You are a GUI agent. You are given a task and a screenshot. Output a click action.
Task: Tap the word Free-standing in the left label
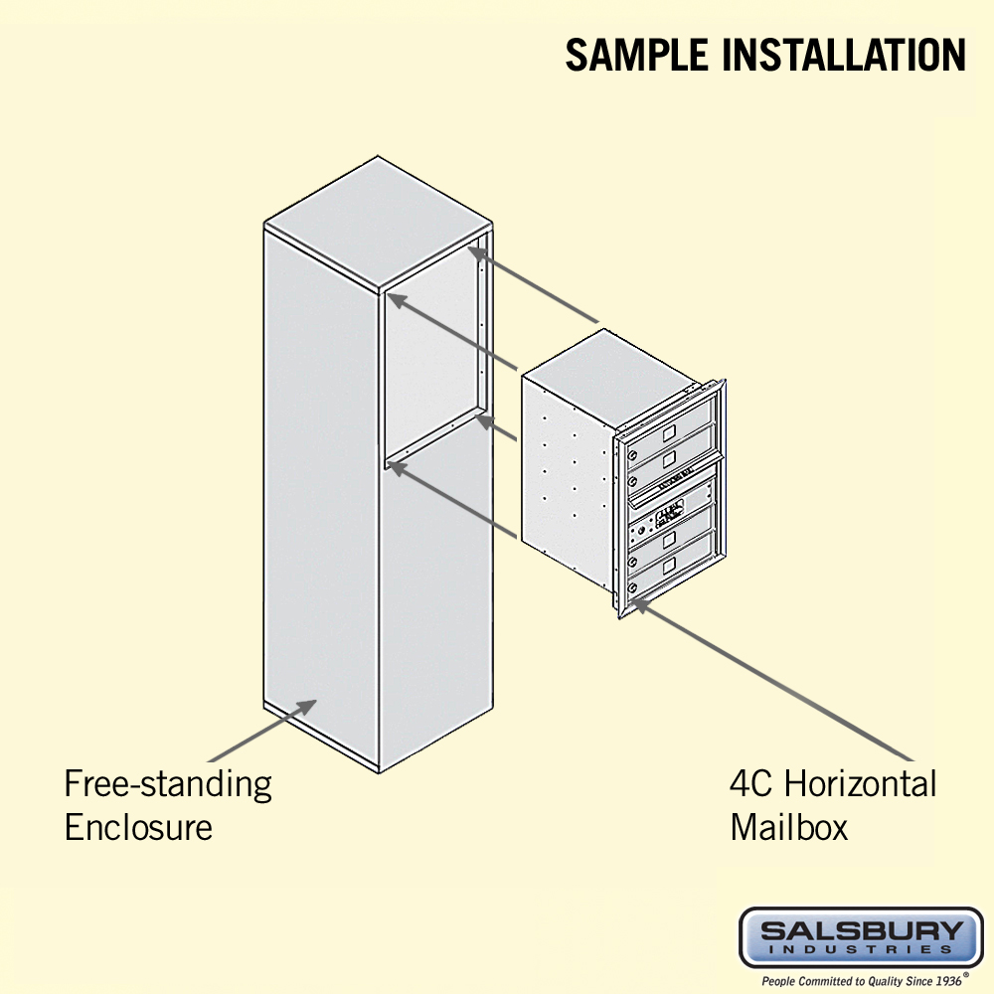[x=168, y=783]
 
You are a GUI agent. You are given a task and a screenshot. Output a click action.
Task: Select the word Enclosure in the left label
[x=138, y=827]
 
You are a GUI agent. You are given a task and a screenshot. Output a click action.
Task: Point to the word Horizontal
[x=861, y=783]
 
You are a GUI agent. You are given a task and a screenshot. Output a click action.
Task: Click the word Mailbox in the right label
[x=789, y=827]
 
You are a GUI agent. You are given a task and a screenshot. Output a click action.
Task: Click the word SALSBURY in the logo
[x=861, y=931]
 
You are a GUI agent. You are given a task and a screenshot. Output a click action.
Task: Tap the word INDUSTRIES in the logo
[x=861, y=951]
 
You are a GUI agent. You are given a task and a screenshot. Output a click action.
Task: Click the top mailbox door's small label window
[x=669, y=433]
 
